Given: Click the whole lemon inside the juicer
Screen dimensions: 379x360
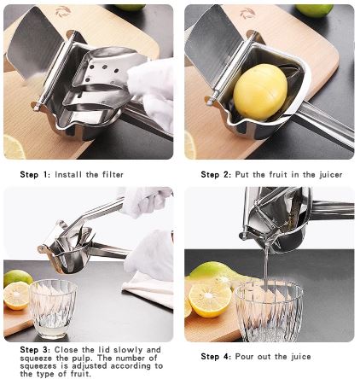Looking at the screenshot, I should point(260,91).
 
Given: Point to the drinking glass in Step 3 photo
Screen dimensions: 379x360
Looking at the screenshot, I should point(53,308).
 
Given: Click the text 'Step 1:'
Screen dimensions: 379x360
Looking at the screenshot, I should point(36,174).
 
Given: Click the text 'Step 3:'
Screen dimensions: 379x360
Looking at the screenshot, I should point(36,350).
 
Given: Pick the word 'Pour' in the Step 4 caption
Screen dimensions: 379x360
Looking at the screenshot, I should point(247,356).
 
